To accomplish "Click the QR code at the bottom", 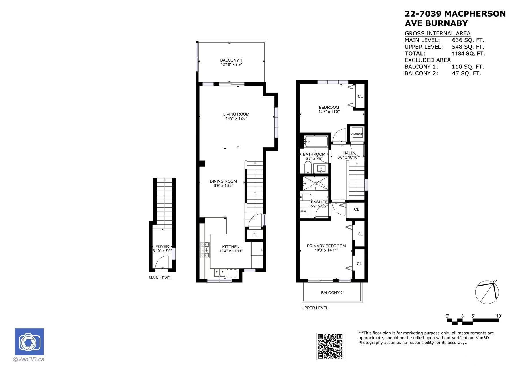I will pyautogui.click(x=330, y=346).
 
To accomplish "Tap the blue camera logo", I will pyautogui.click(x=29, y=342).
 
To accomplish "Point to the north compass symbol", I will pyautogui.click(x=487, y=292).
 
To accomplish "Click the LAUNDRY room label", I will pyautogui.click(x=357, y=134).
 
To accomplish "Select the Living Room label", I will pyautogui.click(x=236, y=114).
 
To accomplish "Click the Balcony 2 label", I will pyautogui.click(x=332, y=293).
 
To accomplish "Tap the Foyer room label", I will pyautogui.click(x=162, y=246).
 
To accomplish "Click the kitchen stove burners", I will pyautogui.click(x=205, y=250).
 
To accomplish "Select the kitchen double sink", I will pyautogui.click(x=220, y=273).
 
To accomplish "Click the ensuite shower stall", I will pyautogui.click(x=316, y=183).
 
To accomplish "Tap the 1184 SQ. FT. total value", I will pyautogui.click(x=468, y=54).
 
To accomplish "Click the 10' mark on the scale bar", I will pyautogui.click(x=499, y=316).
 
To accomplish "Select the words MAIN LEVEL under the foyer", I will pyautogui.click(x=160, y=278).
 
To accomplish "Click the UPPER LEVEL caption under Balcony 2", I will pyautogui.click(x=315, y=308).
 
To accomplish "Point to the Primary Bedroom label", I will pyautogui.click(x=326, y=246).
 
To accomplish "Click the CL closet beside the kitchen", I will pyautogui.click(x=255, y=235).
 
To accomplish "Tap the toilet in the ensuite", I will pyautogui.click(x=306, y=197).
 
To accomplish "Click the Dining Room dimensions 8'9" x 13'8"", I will pyautogui.click(x=223, y=185).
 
